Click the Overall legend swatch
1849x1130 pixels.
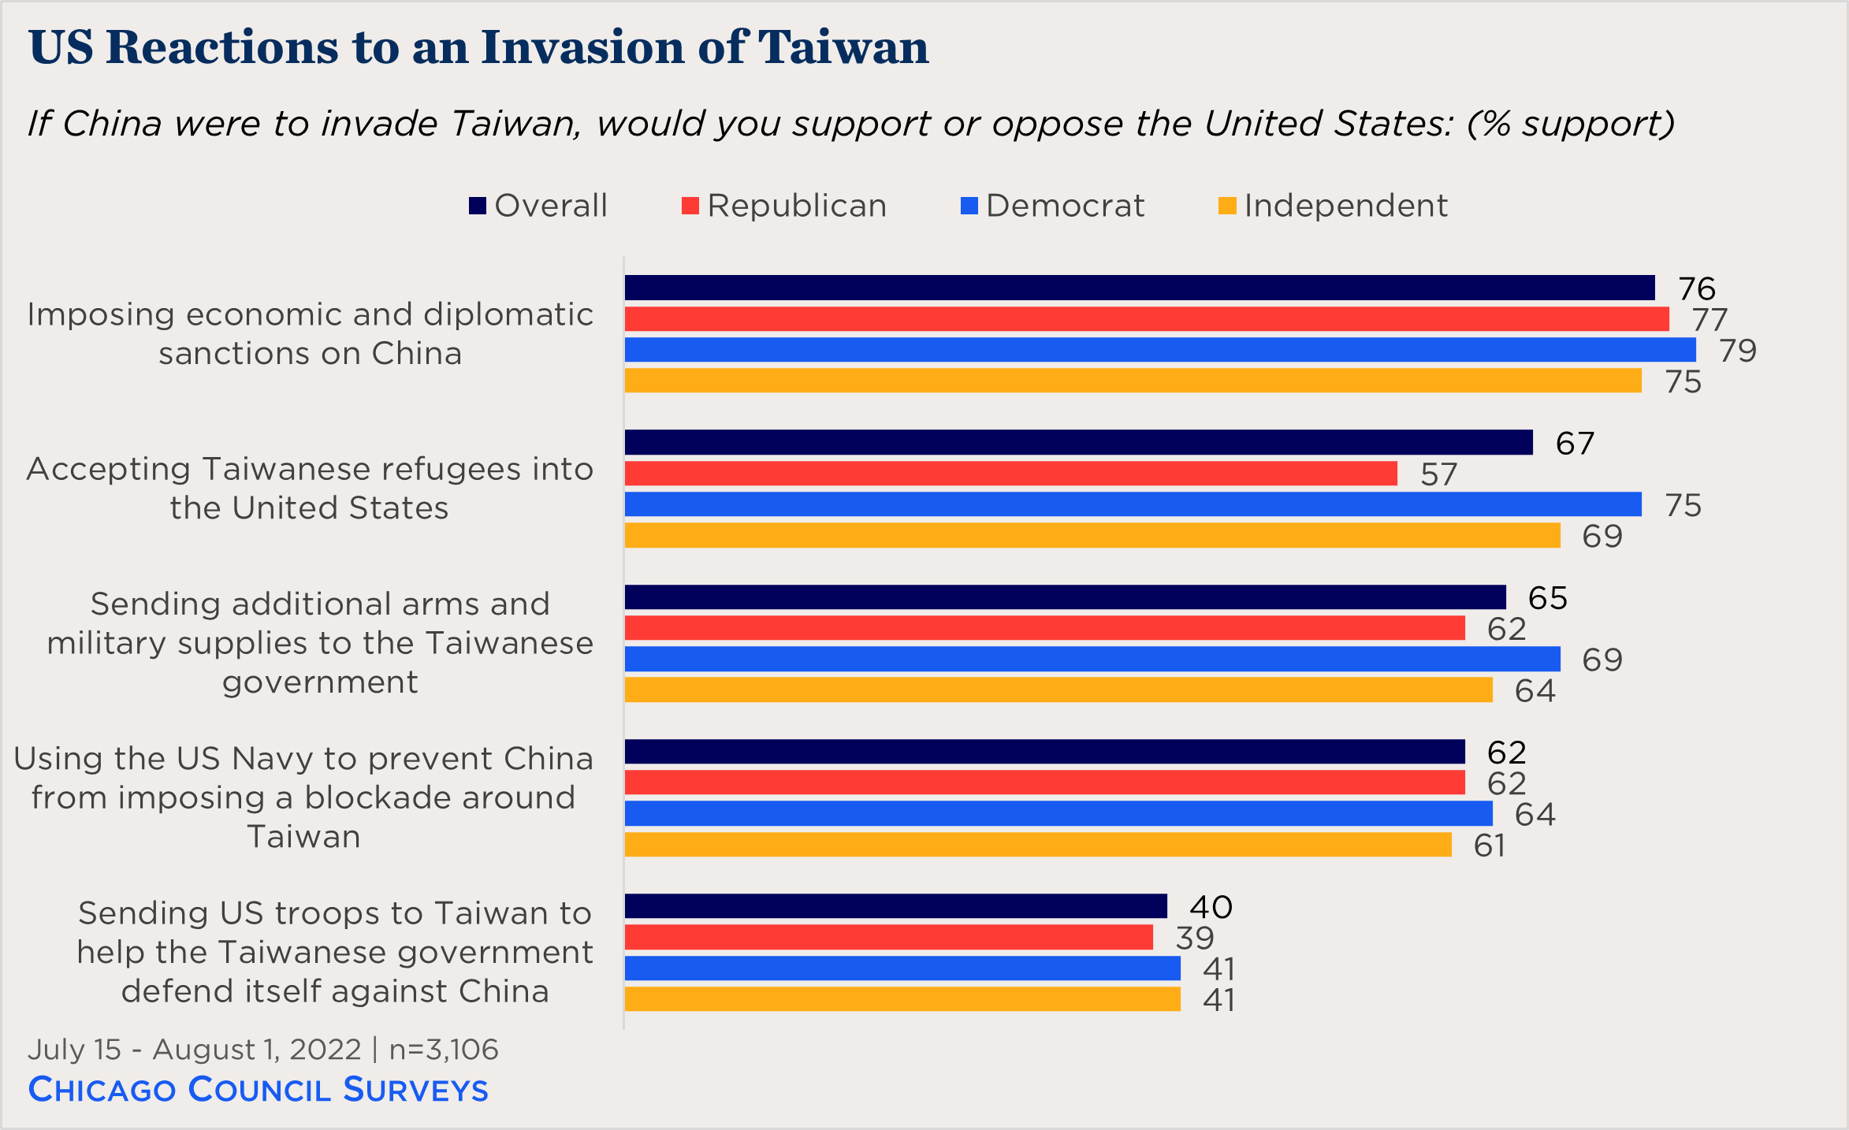477,206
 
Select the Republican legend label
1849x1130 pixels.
797,206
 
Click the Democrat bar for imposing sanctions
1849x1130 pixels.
1159,350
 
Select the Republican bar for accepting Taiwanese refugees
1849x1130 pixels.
1010,474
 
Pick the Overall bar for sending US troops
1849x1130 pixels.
895,906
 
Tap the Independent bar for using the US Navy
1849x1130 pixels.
1037,845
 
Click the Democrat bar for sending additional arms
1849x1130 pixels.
1092,659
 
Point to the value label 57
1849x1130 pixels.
1438,474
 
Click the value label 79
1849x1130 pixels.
1737,351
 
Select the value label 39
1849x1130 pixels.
1194,938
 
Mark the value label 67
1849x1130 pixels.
1574,444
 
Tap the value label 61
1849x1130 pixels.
1489,846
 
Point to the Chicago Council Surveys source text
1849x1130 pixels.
258,1089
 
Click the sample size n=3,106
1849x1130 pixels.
444,1050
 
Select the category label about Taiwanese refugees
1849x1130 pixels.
310,489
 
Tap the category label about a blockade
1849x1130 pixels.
304,797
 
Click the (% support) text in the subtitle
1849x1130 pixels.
1570,124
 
